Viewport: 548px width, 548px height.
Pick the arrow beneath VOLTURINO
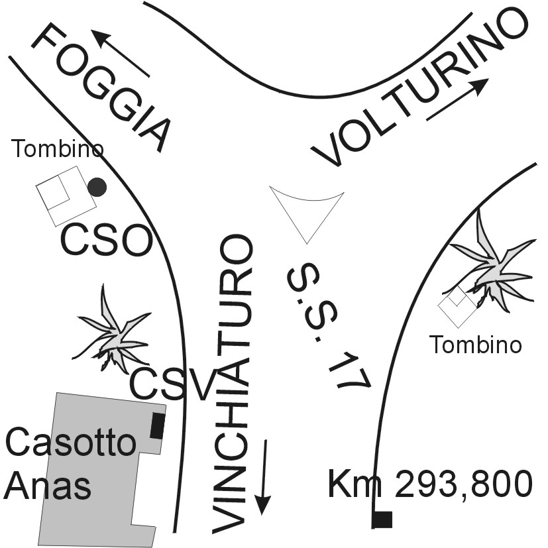click(457, 99)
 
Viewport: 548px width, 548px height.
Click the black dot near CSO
click(97, 188)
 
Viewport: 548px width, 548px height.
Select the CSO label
click(106, 241)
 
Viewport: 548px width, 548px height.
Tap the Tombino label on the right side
click(475, 345)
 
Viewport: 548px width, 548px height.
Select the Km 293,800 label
click(430, 484)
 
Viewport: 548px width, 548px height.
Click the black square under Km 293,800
click(382, 520)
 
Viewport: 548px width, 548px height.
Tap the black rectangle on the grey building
click(157, 425)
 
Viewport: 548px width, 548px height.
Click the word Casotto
click(70, 443)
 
